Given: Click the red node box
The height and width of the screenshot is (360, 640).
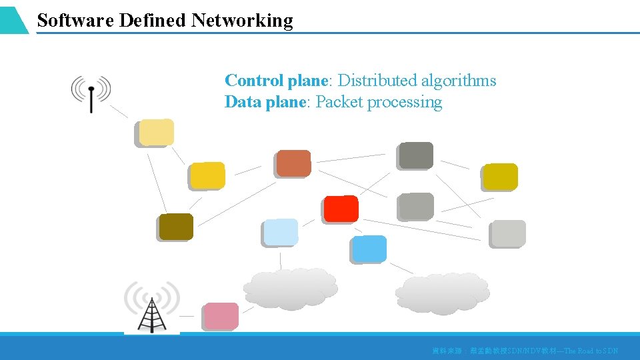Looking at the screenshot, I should coord(341,209).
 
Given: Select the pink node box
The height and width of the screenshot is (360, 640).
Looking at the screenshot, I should coord(221,316).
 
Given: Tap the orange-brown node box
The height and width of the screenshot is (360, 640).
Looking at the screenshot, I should coord(293,163).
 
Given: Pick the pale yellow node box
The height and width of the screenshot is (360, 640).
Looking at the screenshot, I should coord(155,133).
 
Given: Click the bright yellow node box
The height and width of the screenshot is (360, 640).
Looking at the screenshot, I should coord(207,176).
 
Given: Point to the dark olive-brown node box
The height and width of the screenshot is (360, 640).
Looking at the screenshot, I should coord(176,227).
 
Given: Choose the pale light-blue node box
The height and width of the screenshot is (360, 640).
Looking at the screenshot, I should coord(280,232).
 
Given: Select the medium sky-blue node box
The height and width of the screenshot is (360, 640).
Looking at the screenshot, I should coord(369,249).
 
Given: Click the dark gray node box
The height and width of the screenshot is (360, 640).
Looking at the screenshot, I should coord(415,155).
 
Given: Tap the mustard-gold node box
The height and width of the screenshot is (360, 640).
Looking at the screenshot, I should coord(500,177).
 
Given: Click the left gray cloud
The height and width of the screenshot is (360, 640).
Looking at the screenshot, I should coord(290,289).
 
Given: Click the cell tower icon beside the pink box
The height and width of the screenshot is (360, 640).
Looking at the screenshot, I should coord(152,307).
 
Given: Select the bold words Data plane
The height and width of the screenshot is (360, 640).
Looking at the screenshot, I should coord(265,102).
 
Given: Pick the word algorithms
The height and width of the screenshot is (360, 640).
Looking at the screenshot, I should coord(459,81).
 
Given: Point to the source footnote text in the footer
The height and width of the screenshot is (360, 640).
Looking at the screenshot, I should coord(525,351).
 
